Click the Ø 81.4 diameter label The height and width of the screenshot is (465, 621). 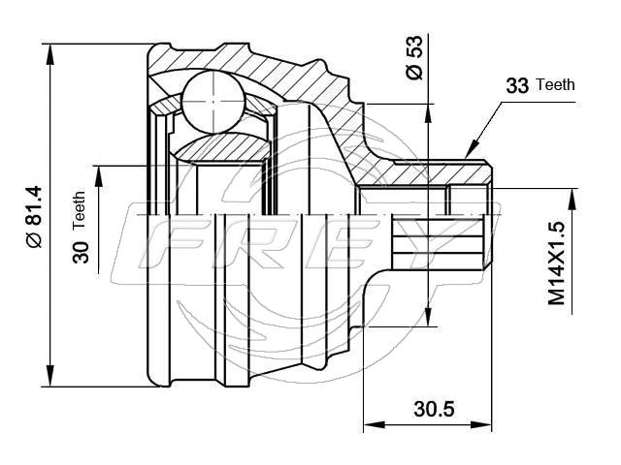[x=34, y=216]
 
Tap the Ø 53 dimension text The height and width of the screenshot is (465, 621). [x=414, y=58]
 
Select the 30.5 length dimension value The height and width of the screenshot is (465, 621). [x=434, y=409]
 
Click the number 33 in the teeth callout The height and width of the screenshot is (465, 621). [x=517, y=85]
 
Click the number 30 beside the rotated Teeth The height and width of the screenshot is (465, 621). [x=81, y=252]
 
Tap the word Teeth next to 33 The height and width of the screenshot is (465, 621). [x=555, y=84]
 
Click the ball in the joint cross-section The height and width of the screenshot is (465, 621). [x=212, y=102]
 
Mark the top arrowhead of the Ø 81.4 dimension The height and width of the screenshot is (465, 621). [x=49, y=54]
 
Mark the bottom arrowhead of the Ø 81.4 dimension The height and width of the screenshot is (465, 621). [x=49, y=376]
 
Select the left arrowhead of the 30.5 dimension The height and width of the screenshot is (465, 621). [x=375, y=424]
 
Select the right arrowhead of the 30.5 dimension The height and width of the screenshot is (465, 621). [x=480, y=424]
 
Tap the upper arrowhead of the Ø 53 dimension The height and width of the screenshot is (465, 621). [x=428, y=114]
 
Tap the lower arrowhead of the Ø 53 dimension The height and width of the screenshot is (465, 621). [x=428, y=316]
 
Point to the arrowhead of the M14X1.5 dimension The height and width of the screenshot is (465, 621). [x=572, y=200]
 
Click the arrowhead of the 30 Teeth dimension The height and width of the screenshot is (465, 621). [x=99, y=176]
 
